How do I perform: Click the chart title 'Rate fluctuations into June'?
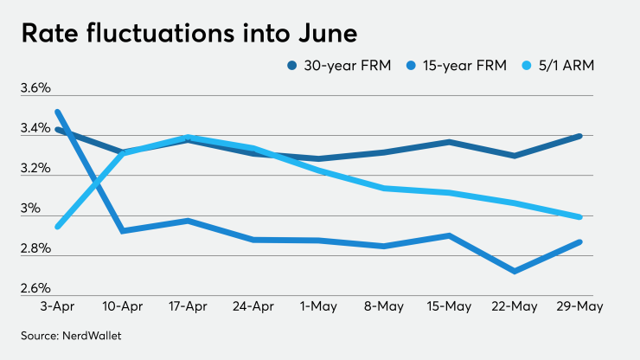click(x=189, y=35)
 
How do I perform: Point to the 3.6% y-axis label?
click(x=35, y=88)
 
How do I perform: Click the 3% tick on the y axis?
click(x=29, y=209)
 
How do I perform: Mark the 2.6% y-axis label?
click(x=35, y=288)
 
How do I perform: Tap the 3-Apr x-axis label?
click(x=58, y=306)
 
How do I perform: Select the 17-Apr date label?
click(x=188, y=306)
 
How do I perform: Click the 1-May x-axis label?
click(x=319, y=306)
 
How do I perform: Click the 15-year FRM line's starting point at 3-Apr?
click(x=58, y=112)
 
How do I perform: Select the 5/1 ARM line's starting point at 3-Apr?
click(x=58, y=227)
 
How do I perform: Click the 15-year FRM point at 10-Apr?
click(x=123, y=231)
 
